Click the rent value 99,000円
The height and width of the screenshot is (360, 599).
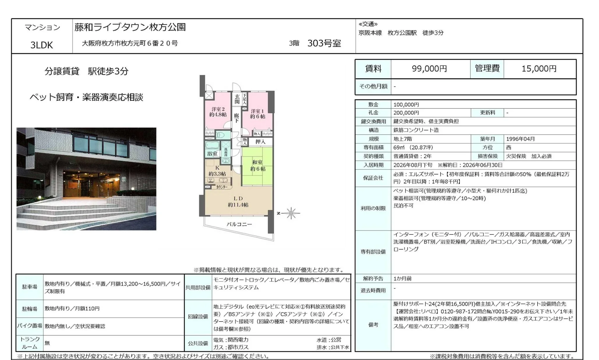click(429, 69)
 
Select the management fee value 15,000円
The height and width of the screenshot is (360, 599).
click(539, 69)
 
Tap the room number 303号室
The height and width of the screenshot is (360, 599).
click(324, 43)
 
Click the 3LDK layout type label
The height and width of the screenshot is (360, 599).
click(42, 45)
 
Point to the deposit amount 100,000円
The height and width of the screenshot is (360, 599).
click(406, 105)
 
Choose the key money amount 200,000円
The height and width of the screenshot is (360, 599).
click(406, 113)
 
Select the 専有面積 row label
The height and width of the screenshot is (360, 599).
click(373, 148)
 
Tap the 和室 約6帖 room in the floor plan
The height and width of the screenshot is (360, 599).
click(258, 166)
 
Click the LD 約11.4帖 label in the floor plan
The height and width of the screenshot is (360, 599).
click(238, 202)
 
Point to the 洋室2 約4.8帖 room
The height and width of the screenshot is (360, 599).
click(218, 112)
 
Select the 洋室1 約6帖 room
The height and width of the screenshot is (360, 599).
click(258, 114)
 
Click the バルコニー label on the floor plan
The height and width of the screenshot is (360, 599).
click(239, 224)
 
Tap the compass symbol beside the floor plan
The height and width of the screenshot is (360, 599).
click(291, 213)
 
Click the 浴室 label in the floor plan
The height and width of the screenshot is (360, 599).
click(212, 153)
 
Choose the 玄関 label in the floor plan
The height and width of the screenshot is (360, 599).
click(237, 99)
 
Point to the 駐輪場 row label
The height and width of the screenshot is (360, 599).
click(30, 309)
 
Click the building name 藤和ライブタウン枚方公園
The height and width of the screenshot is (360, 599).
click(130, 27)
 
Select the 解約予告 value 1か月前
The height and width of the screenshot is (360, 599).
click(402, 279)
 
